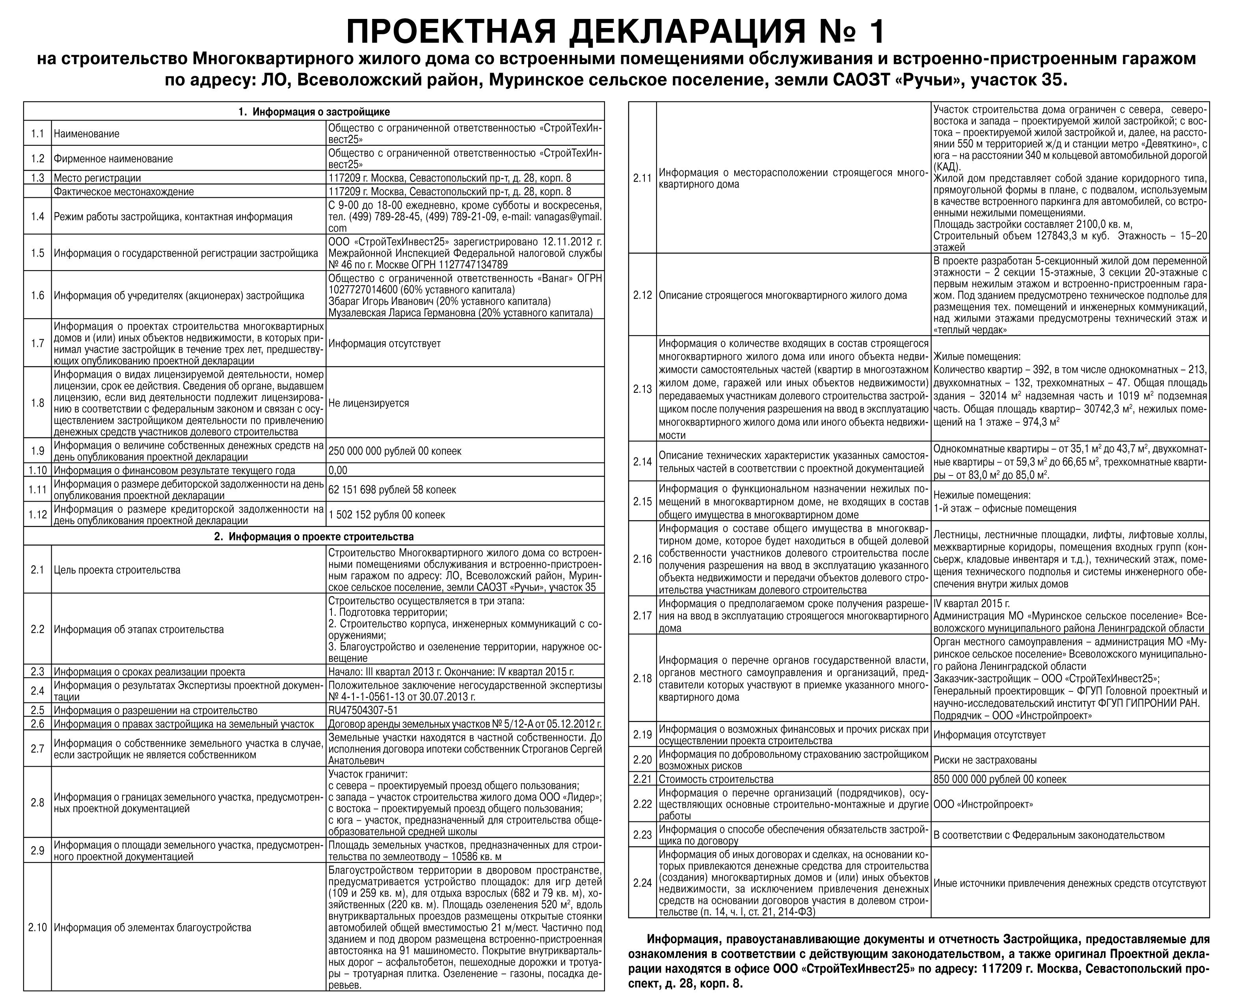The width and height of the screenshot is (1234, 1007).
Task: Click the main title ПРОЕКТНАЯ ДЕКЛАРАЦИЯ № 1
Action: (x=616, y=32)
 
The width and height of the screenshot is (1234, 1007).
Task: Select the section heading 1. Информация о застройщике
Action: (x=314, y=112)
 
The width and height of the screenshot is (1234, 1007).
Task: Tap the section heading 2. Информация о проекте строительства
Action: (x=314, y=537)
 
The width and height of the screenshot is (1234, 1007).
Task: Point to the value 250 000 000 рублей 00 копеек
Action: (x=395, y=451)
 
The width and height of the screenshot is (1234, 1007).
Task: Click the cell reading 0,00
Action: (x=338, y=470)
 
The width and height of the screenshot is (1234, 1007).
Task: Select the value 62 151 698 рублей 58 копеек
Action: (x=392, y=490)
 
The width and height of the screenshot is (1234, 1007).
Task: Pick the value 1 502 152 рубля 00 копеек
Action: (x=386, y=515)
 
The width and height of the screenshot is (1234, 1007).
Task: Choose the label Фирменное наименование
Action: (x=113, y=159)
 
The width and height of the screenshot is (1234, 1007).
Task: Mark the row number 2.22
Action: (x=642, y=804)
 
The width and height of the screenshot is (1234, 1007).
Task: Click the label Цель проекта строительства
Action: (x=117, y=570)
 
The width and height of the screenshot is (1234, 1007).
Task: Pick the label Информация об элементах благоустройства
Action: (x=153, y=927)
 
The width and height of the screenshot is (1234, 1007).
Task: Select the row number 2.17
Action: (x=642, y=615)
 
